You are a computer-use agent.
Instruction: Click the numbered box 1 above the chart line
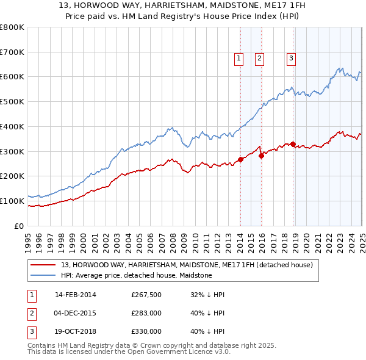pyautogui.click(x=238, y=59)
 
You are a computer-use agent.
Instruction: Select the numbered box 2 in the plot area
pyautogui.click(x=259, y=59)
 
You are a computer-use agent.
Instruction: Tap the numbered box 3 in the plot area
pyautogui.click(x=291, y=59)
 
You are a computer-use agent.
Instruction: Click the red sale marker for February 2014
pyautogui.click(x=240, y=159)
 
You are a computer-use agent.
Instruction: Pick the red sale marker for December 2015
pyautogui.click(x=261, y=156)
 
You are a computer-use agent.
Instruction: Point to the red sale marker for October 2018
pyautogui.click(x=293, y=144)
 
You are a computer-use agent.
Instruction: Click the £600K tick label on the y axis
pyautogui.click(x=12, y=77)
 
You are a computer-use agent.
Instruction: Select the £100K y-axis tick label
pyautogui.click(x=12, y=201)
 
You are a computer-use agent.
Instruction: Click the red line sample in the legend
pyautogui.click(x=43, y=265)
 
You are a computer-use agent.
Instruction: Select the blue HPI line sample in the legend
pyautogui.click(x=43, y=275)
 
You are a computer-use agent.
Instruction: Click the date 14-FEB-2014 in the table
pyautogui.click(x=76, y=295)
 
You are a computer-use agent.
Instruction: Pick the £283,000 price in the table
pyautogui.click(x=146, y=313)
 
